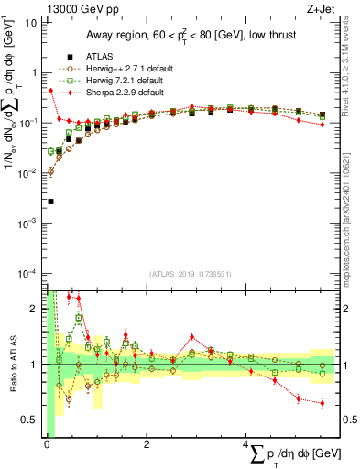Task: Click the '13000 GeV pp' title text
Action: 72,8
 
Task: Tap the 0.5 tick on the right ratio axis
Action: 350,420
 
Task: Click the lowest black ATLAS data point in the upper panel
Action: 50,202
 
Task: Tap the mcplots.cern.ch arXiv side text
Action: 350,183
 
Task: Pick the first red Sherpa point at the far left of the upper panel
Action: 50,91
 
